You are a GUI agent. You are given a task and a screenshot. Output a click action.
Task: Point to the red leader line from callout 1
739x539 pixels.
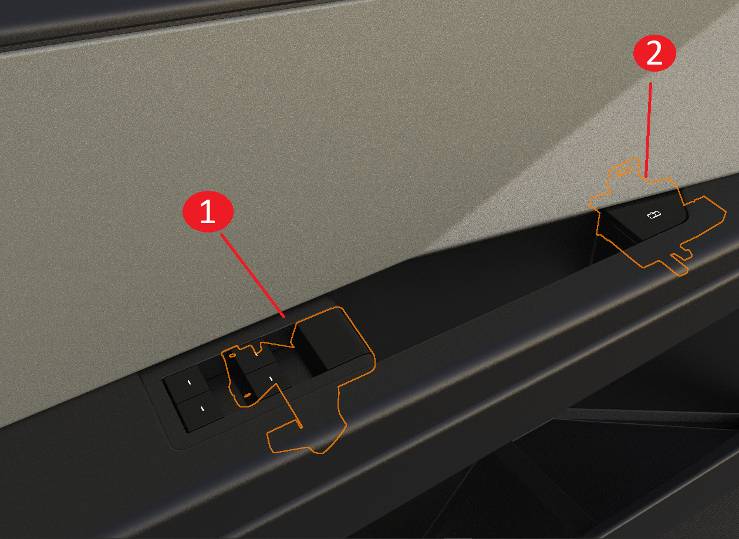253,275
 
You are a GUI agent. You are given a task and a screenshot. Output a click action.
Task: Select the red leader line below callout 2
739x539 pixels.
648,130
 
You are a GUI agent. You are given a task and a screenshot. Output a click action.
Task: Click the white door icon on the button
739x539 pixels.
653,215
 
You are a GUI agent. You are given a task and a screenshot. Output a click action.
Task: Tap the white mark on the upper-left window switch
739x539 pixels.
189,382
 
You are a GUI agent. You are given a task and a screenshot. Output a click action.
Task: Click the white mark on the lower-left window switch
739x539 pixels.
203,409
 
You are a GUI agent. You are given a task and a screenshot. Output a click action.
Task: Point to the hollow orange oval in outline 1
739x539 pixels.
232,355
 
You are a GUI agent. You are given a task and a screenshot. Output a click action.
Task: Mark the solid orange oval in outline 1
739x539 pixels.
247,395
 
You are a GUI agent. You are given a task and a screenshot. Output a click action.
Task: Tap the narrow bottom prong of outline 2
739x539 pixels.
680,264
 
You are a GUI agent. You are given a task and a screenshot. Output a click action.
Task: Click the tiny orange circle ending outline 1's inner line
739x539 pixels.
301,427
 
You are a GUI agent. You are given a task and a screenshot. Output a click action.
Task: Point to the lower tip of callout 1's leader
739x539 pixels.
285,318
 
